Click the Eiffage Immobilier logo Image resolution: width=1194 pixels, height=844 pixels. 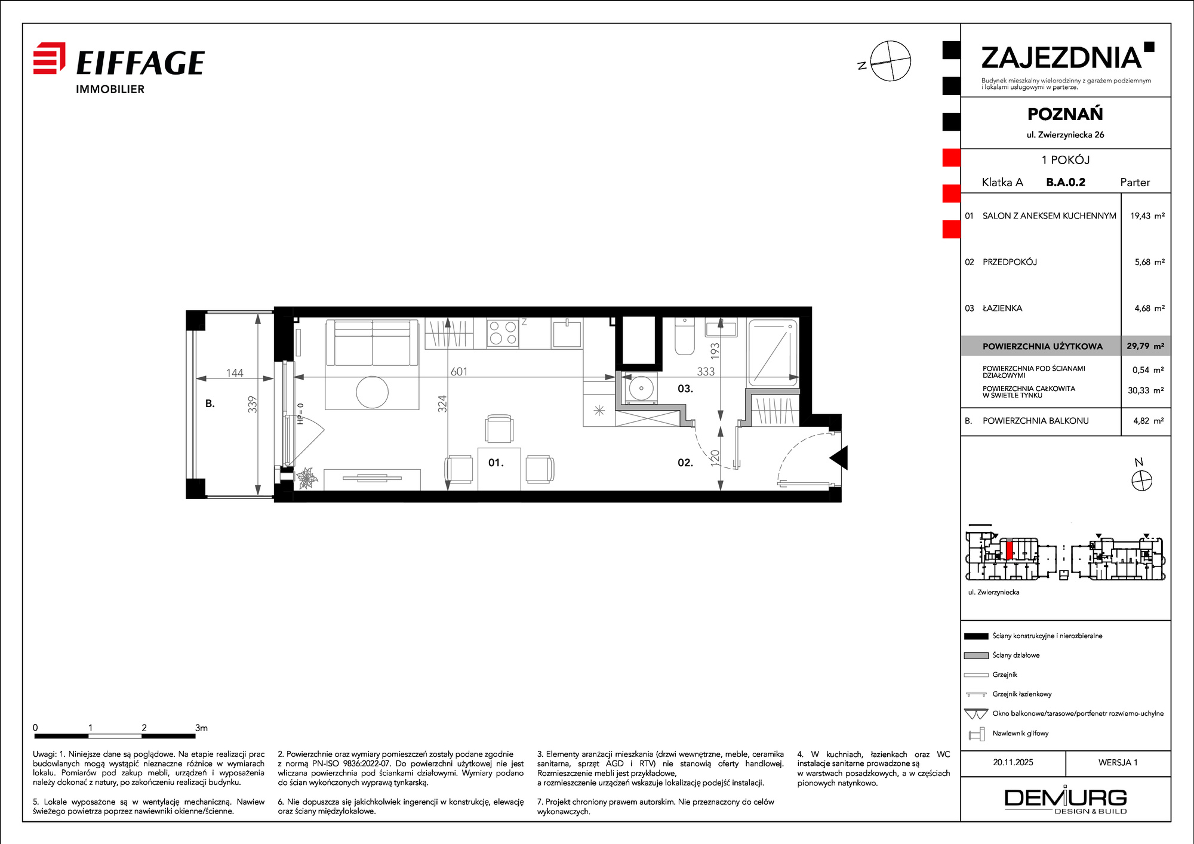click(x=119, y=68)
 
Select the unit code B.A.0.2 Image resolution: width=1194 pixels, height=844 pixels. click(x=1066, y=182)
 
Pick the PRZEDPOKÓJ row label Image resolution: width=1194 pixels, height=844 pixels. click(x=1010, y=262)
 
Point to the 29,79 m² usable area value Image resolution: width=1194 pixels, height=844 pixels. click(x=1146, y=346)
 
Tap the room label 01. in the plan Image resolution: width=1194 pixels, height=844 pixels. click(x=496, y=463)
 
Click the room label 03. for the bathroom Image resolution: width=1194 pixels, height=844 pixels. click(x=685, y=389)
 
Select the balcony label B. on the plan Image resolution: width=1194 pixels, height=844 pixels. click(x=210, y=403)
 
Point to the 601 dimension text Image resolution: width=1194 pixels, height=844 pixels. click(x=458, y=371)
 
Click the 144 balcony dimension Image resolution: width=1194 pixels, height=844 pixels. click(x=235, y=373)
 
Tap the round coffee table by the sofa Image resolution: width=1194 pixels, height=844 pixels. click(x=372, y=392)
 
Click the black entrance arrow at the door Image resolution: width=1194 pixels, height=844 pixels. click(x=839, y=458)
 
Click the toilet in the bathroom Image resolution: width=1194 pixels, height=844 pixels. click(x=684, y=336)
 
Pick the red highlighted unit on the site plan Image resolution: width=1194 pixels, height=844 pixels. click(x=1009, y=549)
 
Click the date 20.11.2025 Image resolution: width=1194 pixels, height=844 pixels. click(x=1013, y=762)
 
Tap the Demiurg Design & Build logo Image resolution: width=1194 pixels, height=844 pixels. click(x=1066, y=801)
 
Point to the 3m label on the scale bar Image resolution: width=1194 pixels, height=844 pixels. click(x=201, y=728)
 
